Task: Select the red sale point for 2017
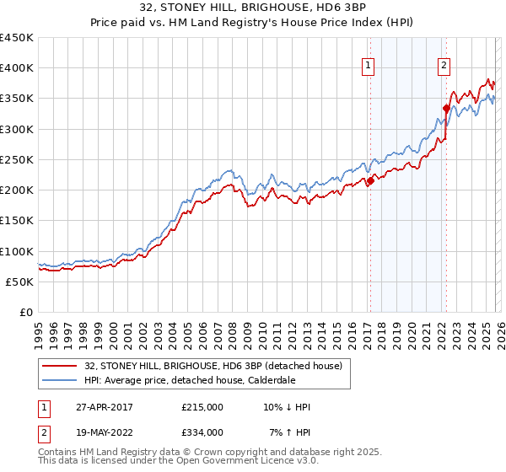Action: point(370,181)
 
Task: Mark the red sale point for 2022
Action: point(446,108)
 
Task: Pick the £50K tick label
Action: point(20,282)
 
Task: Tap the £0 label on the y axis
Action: point(26,312)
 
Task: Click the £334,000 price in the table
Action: point(202,432)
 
